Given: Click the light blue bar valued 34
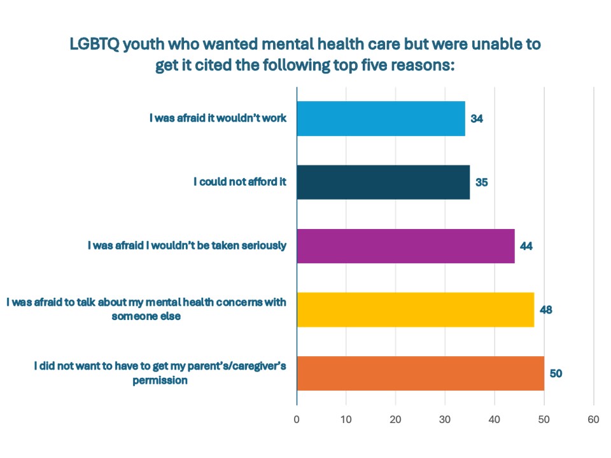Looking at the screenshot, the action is click(381, 119).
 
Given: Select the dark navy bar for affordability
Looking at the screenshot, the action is click(383, 183).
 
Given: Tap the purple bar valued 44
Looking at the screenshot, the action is click(405, 246).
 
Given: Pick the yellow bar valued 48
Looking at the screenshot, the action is click(416, 310).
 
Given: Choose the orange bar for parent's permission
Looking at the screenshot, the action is click(421, 373).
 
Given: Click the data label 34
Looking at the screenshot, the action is click(477, 119).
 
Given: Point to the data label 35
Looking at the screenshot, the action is click(482, 183).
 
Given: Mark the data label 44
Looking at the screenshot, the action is click(526, 246).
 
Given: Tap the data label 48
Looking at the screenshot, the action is click(546, 310).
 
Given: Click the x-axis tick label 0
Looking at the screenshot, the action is click(297, 419).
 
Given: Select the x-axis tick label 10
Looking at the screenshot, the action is click(346, 419).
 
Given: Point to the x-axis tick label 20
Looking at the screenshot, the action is click(395, 419).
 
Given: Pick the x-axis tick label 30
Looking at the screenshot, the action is click(445, 419).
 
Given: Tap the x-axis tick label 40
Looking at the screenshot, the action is click(495, 419).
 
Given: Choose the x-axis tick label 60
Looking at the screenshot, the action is click(593, 419).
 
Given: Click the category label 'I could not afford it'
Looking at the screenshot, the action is click(240, 182).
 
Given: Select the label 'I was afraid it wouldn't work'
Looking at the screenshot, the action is click(218, 118).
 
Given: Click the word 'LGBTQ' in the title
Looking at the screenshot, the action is click(95, 44).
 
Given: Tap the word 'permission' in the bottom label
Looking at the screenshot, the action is click(160, 380).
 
